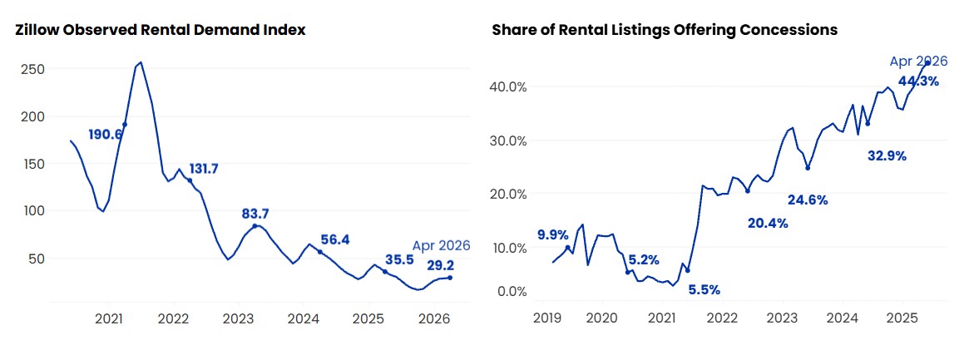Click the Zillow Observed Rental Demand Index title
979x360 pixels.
(161, 30)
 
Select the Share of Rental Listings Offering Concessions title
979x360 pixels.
(665, 30)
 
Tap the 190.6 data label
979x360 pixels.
(106, 134)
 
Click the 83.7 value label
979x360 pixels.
(255, 214)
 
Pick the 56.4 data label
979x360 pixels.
(334, 240)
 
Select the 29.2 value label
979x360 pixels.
(441, 266)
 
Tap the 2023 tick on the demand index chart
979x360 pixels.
(238, 318)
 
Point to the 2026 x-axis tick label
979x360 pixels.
(434, 318)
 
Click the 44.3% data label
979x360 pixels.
(918, 81)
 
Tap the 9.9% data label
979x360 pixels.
(553, 235)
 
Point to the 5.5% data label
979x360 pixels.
(705, 289)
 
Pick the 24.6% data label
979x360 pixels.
(808, 200)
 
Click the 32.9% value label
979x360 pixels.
(887, 156)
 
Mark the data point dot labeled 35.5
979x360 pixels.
(385, 272)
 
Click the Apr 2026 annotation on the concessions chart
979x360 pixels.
(919, 62)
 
